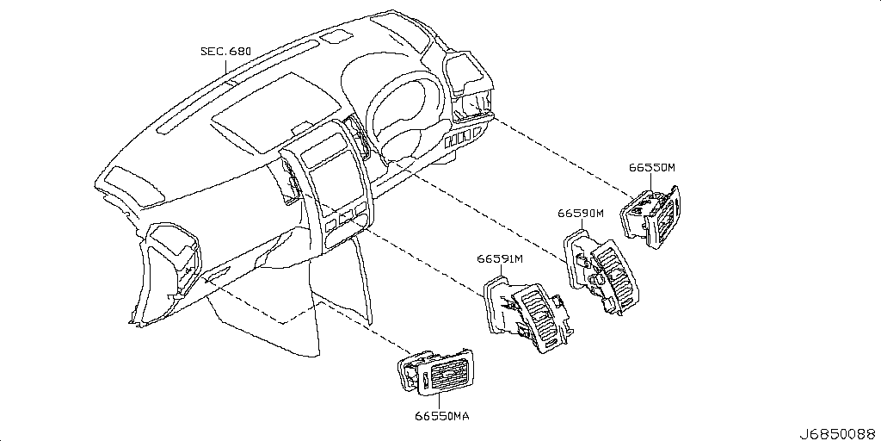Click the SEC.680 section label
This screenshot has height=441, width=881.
tap(226, 52)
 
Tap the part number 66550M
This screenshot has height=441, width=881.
tap(652, 167)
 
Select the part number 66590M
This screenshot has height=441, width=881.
tap(581, 214)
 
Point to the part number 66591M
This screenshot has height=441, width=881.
tap(500, 259)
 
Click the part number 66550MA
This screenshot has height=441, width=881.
tap(442, 417)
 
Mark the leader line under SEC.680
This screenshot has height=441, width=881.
tap(226, 71)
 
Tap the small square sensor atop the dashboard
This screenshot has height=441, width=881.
tap(341, 35)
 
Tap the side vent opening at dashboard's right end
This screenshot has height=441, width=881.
tap(470, 86)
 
